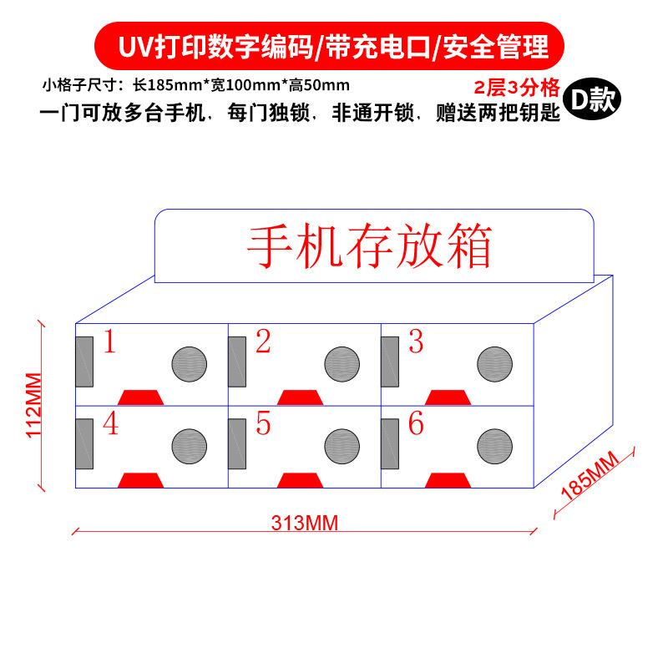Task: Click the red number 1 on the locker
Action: (109, 342)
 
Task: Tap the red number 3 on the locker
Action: (416, 342)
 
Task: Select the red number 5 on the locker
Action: (263, 424)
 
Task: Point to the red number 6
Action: (416, 424)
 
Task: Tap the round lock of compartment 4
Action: (190, 446)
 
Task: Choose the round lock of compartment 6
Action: (495, 446)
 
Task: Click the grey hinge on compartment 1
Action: (84, 362)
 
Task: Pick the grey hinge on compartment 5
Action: (237, 443)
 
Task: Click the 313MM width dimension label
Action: (305, 523)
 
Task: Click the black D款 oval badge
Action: (590, 100)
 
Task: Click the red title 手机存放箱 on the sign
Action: (368, 245)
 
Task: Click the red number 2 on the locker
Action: (263, 342)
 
